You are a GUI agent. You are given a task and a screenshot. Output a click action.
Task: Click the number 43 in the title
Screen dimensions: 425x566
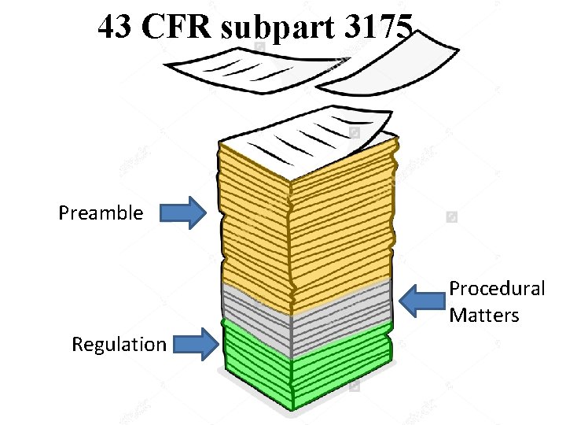click(116, 28)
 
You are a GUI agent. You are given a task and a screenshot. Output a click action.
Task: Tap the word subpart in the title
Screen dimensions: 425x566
click(264, 30)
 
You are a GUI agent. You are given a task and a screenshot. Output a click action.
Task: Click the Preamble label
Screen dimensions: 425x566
click(101, 213)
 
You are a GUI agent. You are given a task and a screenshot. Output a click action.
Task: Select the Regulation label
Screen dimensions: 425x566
click(119, 345)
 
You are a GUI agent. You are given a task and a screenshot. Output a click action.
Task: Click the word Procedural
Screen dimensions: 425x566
click(497, 289)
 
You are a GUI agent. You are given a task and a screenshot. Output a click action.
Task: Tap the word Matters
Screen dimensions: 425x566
click(484, 316)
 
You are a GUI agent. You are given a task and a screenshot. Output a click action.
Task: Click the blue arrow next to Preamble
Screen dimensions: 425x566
click(183, 213)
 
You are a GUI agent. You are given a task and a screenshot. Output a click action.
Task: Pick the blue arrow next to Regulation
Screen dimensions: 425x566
click(196, 345)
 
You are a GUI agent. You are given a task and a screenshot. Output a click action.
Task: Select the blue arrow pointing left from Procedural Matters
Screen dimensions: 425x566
click(421, 301)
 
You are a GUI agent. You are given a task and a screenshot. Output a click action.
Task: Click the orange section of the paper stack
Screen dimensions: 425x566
click(307, 228)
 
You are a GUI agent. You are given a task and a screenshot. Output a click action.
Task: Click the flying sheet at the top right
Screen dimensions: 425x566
click(393, 67)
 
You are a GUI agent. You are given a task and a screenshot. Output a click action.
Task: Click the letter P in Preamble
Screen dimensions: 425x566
click(64, 213)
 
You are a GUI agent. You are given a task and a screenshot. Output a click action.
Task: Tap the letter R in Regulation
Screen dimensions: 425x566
click(77, 345)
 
